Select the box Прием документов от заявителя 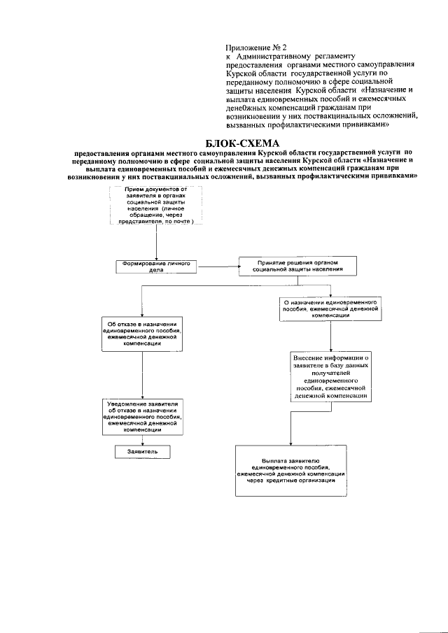pos(156,205)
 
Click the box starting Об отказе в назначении pos(143,334)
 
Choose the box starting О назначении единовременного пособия pos(331,306)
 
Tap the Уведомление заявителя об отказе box pos(143,418)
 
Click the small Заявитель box pos(143,452)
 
